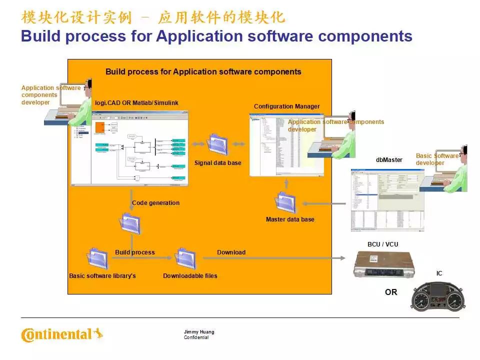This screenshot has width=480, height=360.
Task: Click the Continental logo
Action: click(61, 334)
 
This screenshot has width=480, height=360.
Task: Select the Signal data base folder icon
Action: click(218, 144)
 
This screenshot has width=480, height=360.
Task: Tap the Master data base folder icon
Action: click(285, 202)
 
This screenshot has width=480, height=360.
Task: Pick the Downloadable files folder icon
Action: click(185, 258)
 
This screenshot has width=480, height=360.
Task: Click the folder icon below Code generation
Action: click(130, 223)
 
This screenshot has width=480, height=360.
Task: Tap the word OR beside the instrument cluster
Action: click(391, 292)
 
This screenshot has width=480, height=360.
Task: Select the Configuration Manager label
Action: click(286, 106)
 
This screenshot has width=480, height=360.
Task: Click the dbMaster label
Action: click(389, 160)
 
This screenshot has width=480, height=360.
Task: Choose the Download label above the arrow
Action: click(231, 252)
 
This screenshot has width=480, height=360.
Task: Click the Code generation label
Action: click(155, 203)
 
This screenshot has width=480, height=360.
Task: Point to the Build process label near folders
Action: click(135, 252)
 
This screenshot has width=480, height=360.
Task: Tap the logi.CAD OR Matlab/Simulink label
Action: click(136, 103)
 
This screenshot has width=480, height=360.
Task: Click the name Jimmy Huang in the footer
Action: click(199, 332)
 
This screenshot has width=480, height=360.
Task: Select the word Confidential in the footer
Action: click(196, 337)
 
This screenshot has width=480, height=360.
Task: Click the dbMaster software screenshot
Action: click(387, 199)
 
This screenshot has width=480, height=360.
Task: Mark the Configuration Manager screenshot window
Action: click(286, 145)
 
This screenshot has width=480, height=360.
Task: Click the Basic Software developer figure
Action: click(452, 170)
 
